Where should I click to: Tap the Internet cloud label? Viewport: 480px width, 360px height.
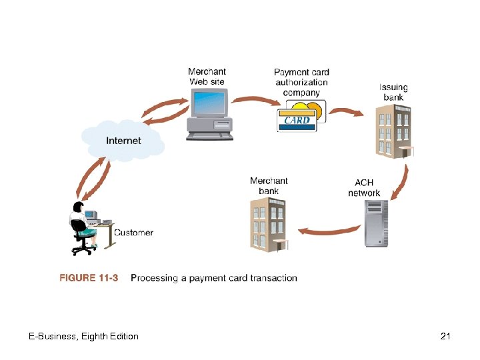click(123, 141)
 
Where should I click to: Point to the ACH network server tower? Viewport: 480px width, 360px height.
click(375, 224)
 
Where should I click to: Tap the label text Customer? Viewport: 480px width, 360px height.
click(133, 233)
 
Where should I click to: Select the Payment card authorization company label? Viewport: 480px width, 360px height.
click(301, 82)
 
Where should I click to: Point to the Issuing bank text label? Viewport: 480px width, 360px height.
click(393, 92)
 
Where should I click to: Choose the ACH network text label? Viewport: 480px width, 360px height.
click(364, 188)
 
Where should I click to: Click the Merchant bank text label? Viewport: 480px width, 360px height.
click(269, 186)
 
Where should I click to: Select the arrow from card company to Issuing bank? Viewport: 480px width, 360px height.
click(345, 111)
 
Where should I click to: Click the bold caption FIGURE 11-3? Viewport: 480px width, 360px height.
click(89, 278)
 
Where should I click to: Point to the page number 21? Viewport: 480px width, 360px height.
click(446, 336)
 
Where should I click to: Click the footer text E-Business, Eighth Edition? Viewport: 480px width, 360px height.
click(83, 336)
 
